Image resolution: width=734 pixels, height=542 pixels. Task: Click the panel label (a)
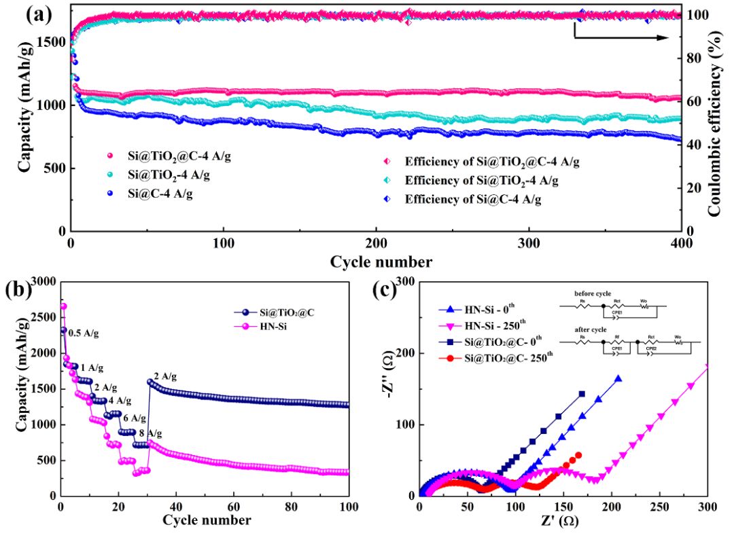click(39, 14)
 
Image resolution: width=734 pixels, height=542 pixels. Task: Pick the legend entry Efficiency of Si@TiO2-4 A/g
click(481, 181)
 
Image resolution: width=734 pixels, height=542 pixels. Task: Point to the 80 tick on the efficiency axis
click(691, 58)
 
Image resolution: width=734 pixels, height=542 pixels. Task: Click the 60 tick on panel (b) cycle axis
click(233, 505)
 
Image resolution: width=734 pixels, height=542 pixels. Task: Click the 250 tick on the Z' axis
click(659, 505)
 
